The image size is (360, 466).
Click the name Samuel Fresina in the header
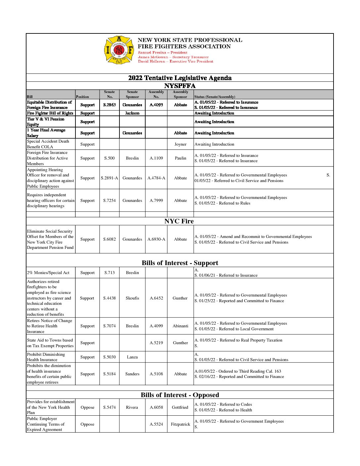point(151,53)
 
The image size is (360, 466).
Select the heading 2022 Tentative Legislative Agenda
point(180,78)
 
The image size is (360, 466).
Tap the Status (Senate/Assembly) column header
point(215,97)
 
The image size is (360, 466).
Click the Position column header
point(82,97)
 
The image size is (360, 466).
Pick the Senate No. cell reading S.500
point(109,158)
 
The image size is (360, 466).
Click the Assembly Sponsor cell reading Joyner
point(180,144)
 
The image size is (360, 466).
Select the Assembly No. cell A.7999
point(156,201)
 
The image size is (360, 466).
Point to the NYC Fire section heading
point(179,221)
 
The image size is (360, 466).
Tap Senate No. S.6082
point(109,239)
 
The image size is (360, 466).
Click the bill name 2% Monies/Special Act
point(48,273)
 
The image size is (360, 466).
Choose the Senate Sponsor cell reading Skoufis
point(132,298)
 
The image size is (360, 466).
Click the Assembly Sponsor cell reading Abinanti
point(180,326)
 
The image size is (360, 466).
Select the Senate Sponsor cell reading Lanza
point(132,357)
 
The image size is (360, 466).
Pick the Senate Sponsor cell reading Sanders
point(132,374)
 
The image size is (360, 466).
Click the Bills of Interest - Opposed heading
point(180,395)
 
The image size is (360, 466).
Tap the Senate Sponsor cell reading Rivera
point(132,407)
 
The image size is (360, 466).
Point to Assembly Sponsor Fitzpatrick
point(180,424)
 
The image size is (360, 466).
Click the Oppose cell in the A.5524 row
point(87,424)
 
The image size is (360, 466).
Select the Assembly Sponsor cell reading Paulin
point(180,158)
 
